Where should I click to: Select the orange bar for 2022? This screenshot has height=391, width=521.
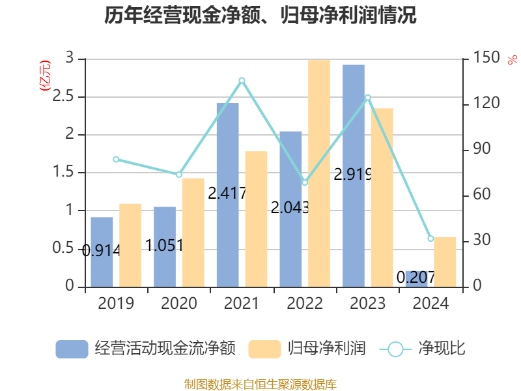(x=319, y=173)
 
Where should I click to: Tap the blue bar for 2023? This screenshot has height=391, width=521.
(x=354, y=176)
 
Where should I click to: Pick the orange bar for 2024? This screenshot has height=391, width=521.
(x=445, y=261)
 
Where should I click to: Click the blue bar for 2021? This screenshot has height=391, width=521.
(x=227, y=195)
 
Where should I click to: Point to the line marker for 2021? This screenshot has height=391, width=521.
(x=242, y=80)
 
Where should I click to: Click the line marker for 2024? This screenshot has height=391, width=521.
(x=430, y=239)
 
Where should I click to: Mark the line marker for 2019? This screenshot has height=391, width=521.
(x=116, y=159)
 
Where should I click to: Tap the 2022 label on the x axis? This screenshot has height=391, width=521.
(x=305, y=304)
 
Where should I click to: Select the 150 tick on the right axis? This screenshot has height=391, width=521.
(x=486, y=59)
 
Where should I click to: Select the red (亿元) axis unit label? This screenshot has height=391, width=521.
(x=45, y=76)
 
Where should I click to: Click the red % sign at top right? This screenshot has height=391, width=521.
(x=511, y=60)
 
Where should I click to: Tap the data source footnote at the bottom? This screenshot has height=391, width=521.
(x=260, y=384)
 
